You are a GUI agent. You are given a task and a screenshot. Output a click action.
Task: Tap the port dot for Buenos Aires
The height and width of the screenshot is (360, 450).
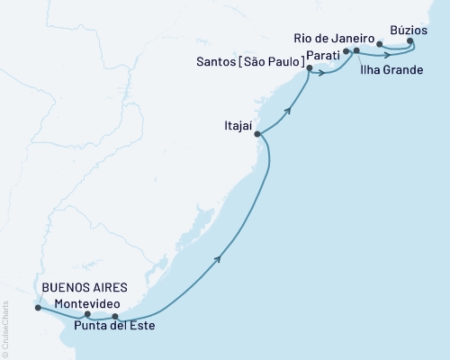[x=37, y=308]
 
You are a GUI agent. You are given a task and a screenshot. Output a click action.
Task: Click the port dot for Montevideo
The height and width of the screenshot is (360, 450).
[x=87, y=314]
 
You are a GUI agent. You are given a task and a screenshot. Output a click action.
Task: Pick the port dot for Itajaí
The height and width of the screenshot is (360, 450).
[x=258, y=134]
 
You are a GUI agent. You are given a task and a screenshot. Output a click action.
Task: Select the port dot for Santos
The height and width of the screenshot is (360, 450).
[x=309, y=68]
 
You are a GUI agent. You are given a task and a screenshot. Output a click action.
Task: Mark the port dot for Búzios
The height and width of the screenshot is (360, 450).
[x=410, y=40]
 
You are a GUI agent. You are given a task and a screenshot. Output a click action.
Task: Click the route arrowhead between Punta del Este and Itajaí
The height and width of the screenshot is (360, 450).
[x=218, y=258]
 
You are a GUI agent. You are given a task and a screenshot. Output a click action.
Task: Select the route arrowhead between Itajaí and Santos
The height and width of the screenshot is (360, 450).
[x=289, y=112]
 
